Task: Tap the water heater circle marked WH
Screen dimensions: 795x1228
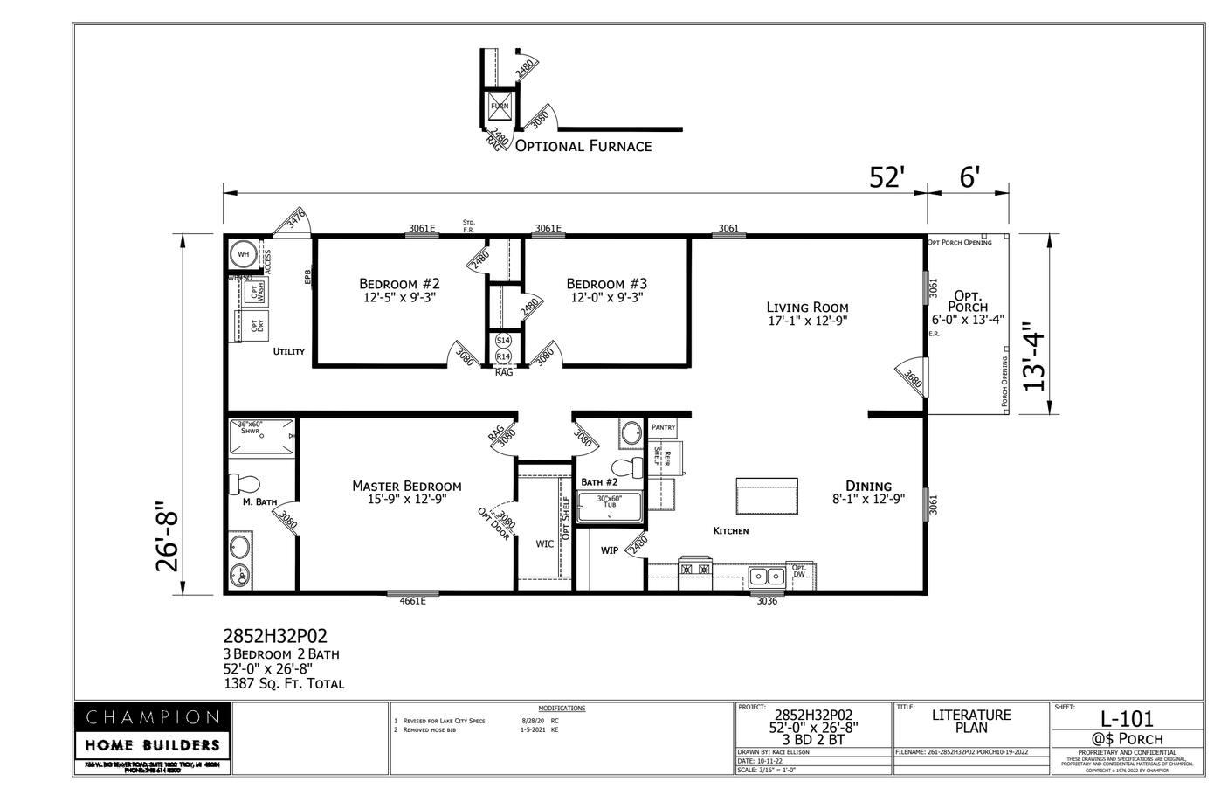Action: coord(244,254)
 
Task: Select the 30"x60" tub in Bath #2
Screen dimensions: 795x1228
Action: coord(610,508)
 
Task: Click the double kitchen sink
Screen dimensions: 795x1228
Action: coord(766,576)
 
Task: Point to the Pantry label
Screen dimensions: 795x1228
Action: coord(663,427)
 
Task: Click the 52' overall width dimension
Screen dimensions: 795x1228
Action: coord(884,177)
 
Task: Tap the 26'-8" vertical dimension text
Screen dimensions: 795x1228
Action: coord(167,536)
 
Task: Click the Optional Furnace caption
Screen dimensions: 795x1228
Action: coord(583,146)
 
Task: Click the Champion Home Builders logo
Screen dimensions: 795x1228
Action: coord(152,732)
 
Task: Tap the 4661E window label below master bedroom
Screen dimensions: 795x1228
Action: coord(412,601)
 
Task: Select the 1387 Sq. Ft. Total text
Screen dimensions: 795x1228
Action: coord(284,684)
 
